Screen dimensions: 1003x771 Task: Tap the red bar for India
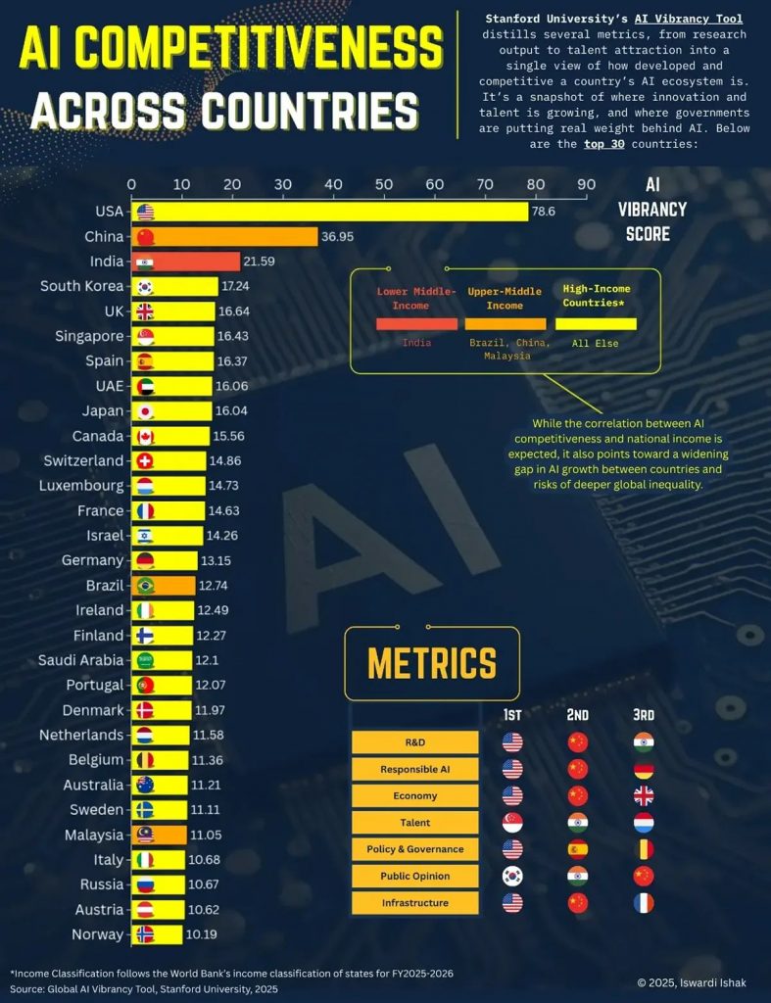186,262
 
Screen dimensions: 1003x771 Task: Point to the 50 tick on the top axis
384,184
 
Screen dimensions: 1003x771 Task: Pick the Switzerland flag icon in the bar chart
145,461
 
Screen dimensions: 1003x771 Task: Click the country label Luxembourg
81,486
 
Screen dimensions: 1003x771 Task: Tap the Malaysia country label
86,835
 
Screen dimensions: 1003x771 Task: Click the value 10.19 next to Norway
201,934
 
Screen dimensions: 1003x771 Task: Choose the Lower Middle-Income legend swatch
416,324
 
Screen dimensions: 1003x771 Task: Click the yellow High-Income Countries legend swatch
596,324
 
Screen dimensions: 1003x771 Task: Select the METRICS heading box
431,663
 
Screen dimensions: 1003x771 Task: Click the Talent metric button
415,823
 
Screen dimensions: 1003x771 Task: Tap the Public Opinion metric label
415,876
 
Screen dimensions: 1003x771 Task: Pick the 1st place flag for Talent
512,823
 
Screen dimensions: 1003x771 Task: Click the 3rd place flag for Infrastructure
643,903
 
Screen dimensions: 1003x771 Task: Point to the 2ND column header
578,715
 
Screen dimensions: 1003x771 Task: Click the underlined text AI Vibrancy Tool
688,19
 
